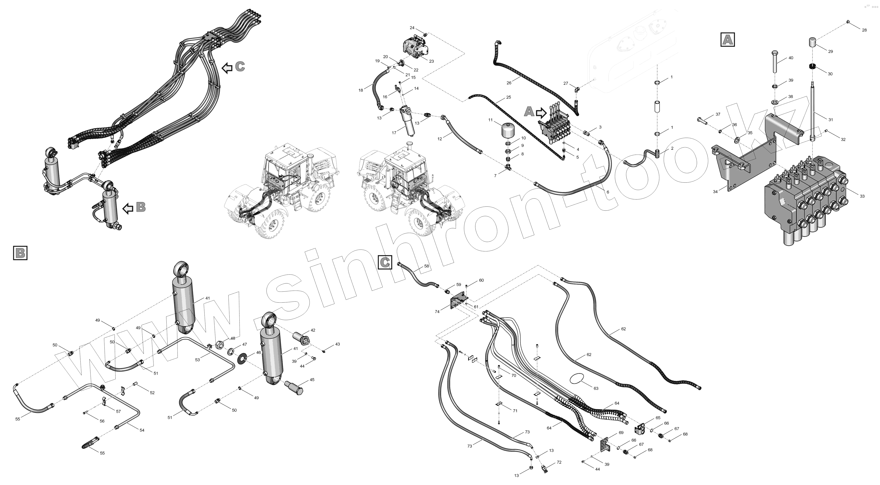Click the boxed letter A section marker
click(728, 40)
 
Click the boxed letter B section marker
click(20, 253)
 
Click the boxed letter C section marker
click(385, 262)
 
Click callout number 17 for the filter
click(394, 133)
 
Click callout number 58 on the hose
click(426, 266)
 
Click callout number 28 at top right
click(864, 30)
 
